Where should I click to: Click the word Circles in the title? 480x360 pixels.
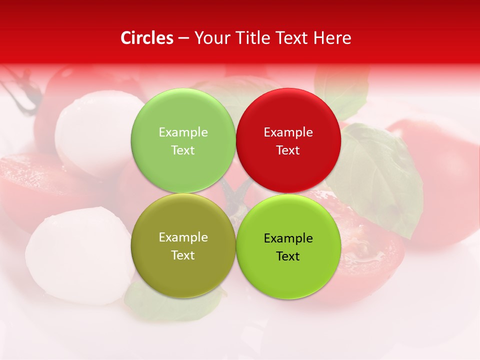tap(147, 38)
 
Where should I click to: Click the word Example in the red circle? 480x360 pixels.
tap(288, 132)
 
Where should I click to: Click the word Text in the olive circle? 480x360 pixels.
tap(183, 255)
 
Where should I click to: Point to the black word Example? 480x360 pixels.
tap(288, 238)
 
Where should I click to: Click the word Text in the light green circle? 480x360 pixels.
tap(183, 150)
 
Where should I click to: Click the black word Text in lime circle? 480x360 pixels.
tap(288, 256)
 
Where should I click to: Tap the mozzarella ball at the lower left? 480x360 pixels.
tap(75, 255)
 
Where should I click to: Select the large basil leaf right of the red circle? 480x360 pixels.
tap(380, 175)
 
